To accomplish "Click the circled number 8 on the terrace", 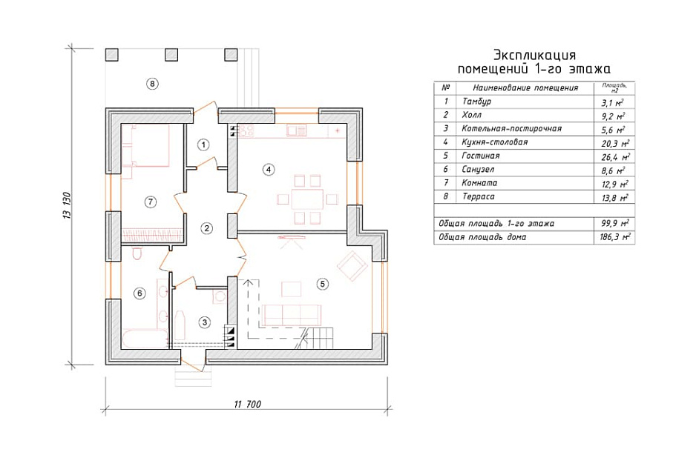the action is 152,83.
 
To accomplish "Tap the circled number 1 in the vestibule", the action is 203,144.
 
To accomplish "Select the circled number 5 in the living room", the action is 323,284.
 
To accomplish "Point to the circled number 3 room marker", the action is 204,322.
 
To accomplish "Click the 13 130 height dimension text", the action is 67,205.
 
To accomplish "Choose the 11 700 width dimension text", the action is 248,404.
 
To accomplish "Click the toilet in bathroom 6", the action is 137,254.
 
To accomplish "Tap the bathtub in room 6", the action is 145,339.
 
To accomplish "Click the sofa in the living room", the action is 292,315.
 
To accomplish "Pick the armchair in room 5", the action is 352,266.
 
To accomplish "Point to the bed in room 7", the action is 145,146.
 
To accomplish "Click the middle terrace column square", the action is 171,55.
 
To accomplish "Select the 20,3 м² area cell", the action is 615,144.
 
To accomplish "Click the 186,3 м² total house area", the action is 615,237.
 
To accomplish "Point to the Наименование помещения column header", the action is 525,87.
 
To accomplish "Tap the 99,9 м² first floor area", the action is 615,223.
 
